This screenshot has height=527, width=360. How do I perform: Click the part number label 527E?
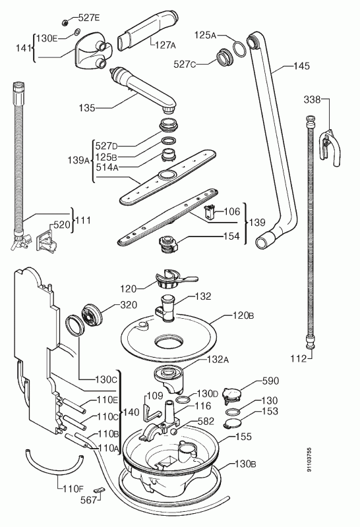(x=89, y=18)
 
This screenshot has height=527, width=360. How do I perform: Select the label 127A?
(x=165, y=45)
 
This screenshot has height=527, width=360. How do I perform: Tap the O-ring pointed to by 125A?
(x=239, y=49)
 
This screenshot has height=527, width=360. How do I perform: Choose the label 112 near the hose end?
(x=299, y=359)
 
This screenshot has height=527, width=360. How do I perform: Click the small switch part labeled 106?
(x=209, y=212)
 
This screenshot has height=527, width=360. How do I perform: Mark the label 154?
(x=231, y=236)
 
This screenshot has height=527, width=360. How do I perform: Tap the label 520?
(x=61, y=225)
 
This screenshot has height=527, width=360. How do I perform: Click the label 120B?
(x=243, y=316)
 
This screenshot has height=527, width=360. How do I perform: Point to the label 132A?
(x=218, y=359)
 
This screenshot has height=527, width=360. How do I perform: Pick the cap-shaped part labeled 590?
(x=232, y=395)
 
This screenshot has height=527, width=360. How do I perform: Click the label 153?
(x=270, y=411)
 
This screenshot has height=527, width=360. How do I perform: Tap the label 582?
(x=206, y=421)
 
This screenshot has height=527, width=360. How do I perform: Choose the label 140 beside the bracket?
(x=131, y=412)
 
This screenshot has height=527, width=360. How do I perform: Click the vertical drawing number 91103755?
(x=309, y=460)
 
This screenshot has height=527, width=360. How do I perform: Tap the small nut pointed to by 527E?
(x=65, y=22)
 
